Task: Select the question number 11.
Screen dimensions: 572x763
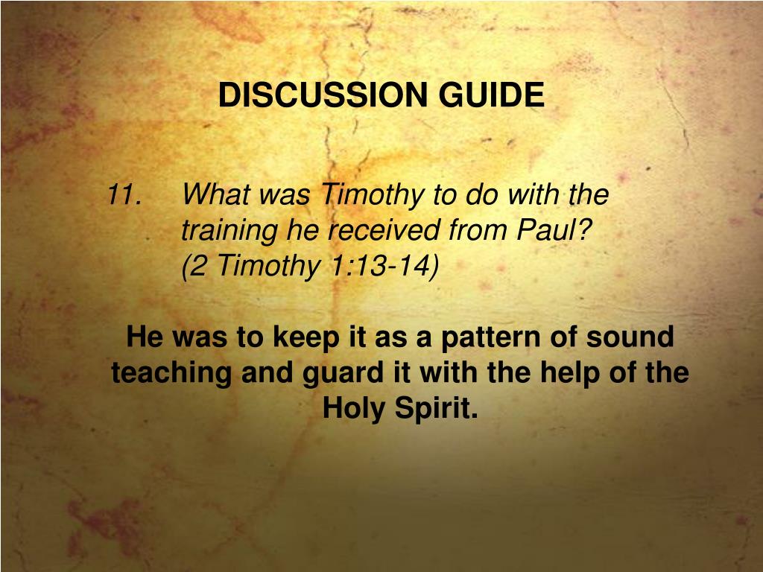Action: pyautogui.click(x=124, y=196)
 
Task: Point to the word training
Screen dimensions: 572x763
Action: pyautogui.click(x=231, y=232)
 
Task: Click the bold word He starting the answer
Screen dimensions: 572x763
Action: pyautogui.click(x=145, y=337)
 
